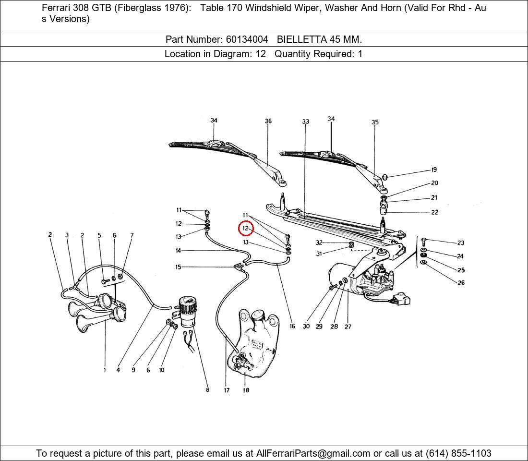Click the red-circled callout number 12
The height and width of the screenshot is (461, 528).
[x=245, y=229]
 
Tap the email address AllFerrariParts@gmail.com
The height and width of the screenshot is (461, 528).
[x=313, y=453]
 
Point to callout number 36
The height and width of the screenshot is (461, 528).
[x=268, y=121]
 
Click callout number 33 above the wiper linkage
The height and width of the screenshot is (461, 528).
[x=306, y=121]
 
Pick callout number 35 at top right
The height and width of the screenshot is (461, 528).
[x=375, y=122]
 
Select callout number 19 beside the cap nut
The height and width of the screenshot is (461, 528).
[x=434, y=170]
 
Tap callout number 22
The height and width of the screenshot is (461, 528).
[x=434, y=212]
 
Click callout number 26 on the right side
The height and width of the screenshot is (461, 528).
[x=461, y=283]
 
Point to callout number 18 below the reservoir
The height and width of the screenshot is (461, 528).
[x=246, y=390]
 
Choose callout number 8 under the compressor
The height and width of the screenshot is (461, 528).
[x=207, y=390]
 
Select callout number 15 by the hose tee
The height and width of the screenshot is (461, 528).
[x=178, y=267]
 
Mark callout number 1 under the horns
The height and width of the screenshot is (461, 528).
[x=105, y=370]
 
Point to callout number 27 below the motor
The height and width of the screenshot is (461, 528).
[x=348, y=327]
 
